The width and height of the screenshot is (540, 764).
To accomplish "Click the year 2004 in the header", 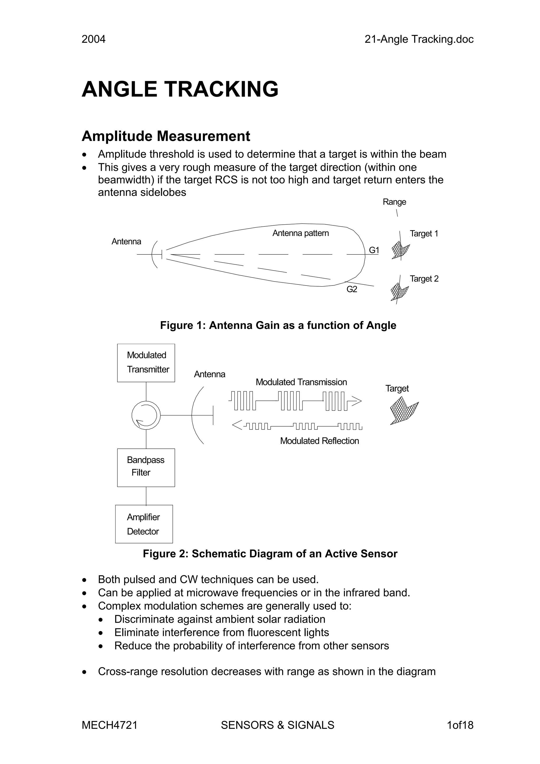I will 94,39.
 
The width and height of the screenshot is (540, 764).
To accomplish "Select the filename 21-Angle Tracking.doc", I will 419,39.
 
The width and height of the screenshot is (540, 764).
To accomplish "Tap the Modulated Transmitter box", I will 146,363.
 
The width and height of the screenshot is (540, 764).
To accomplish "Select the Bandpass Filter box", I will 146,467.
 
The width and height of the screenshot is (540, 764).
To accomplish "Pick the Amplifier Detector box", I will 144,524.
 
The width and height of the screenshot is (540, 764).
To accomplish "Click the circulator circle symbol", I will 146,415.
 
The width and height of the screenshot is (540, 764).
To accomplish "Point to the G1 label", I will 374,250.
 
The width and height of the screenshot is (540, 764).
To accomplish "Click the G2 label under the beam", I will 352,289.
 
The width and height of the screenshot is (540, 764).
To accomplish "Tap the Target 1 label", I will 424,234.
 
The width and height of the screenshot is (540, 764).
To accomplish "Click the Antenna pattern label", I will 300,233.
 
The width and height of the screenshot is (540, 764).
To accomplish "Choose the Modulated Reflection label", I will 319,441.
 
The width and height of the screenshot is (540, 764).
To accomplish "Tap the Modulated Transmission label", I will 301,382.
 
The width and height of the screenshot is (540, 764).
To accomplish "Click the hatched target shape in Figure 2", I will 403,411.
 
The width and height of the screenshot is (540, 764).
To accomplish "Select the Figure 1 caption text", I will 278,325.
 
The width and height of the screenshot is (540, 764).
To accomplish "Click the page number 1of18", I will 460,725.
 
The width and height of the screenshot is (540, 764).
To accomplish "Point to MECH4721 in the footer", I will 109,725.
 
